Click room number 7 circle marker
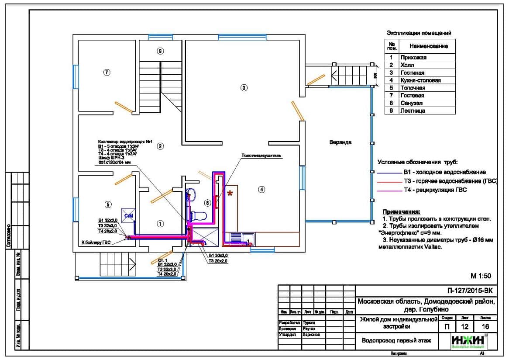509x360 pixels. [x=106, y=72]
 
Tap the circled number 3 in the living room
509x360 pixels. [x=244, y=88]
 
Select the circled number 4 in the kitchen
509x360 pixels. [x=261, y=190]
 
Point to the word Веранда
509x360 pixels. [x=340, y=142]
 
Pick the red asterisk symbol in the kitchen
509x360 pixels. [x=230, y=193]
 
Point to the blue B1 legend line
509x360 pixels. [x=388, y=173]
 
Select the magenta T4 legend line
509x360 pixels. [x=388, y=190]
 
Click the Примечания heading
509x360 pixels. [x=401, y=211]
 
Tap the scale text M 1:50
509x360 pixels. [x=481, y=276]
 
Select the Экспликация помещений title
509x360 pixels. [x=419, y=33]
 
